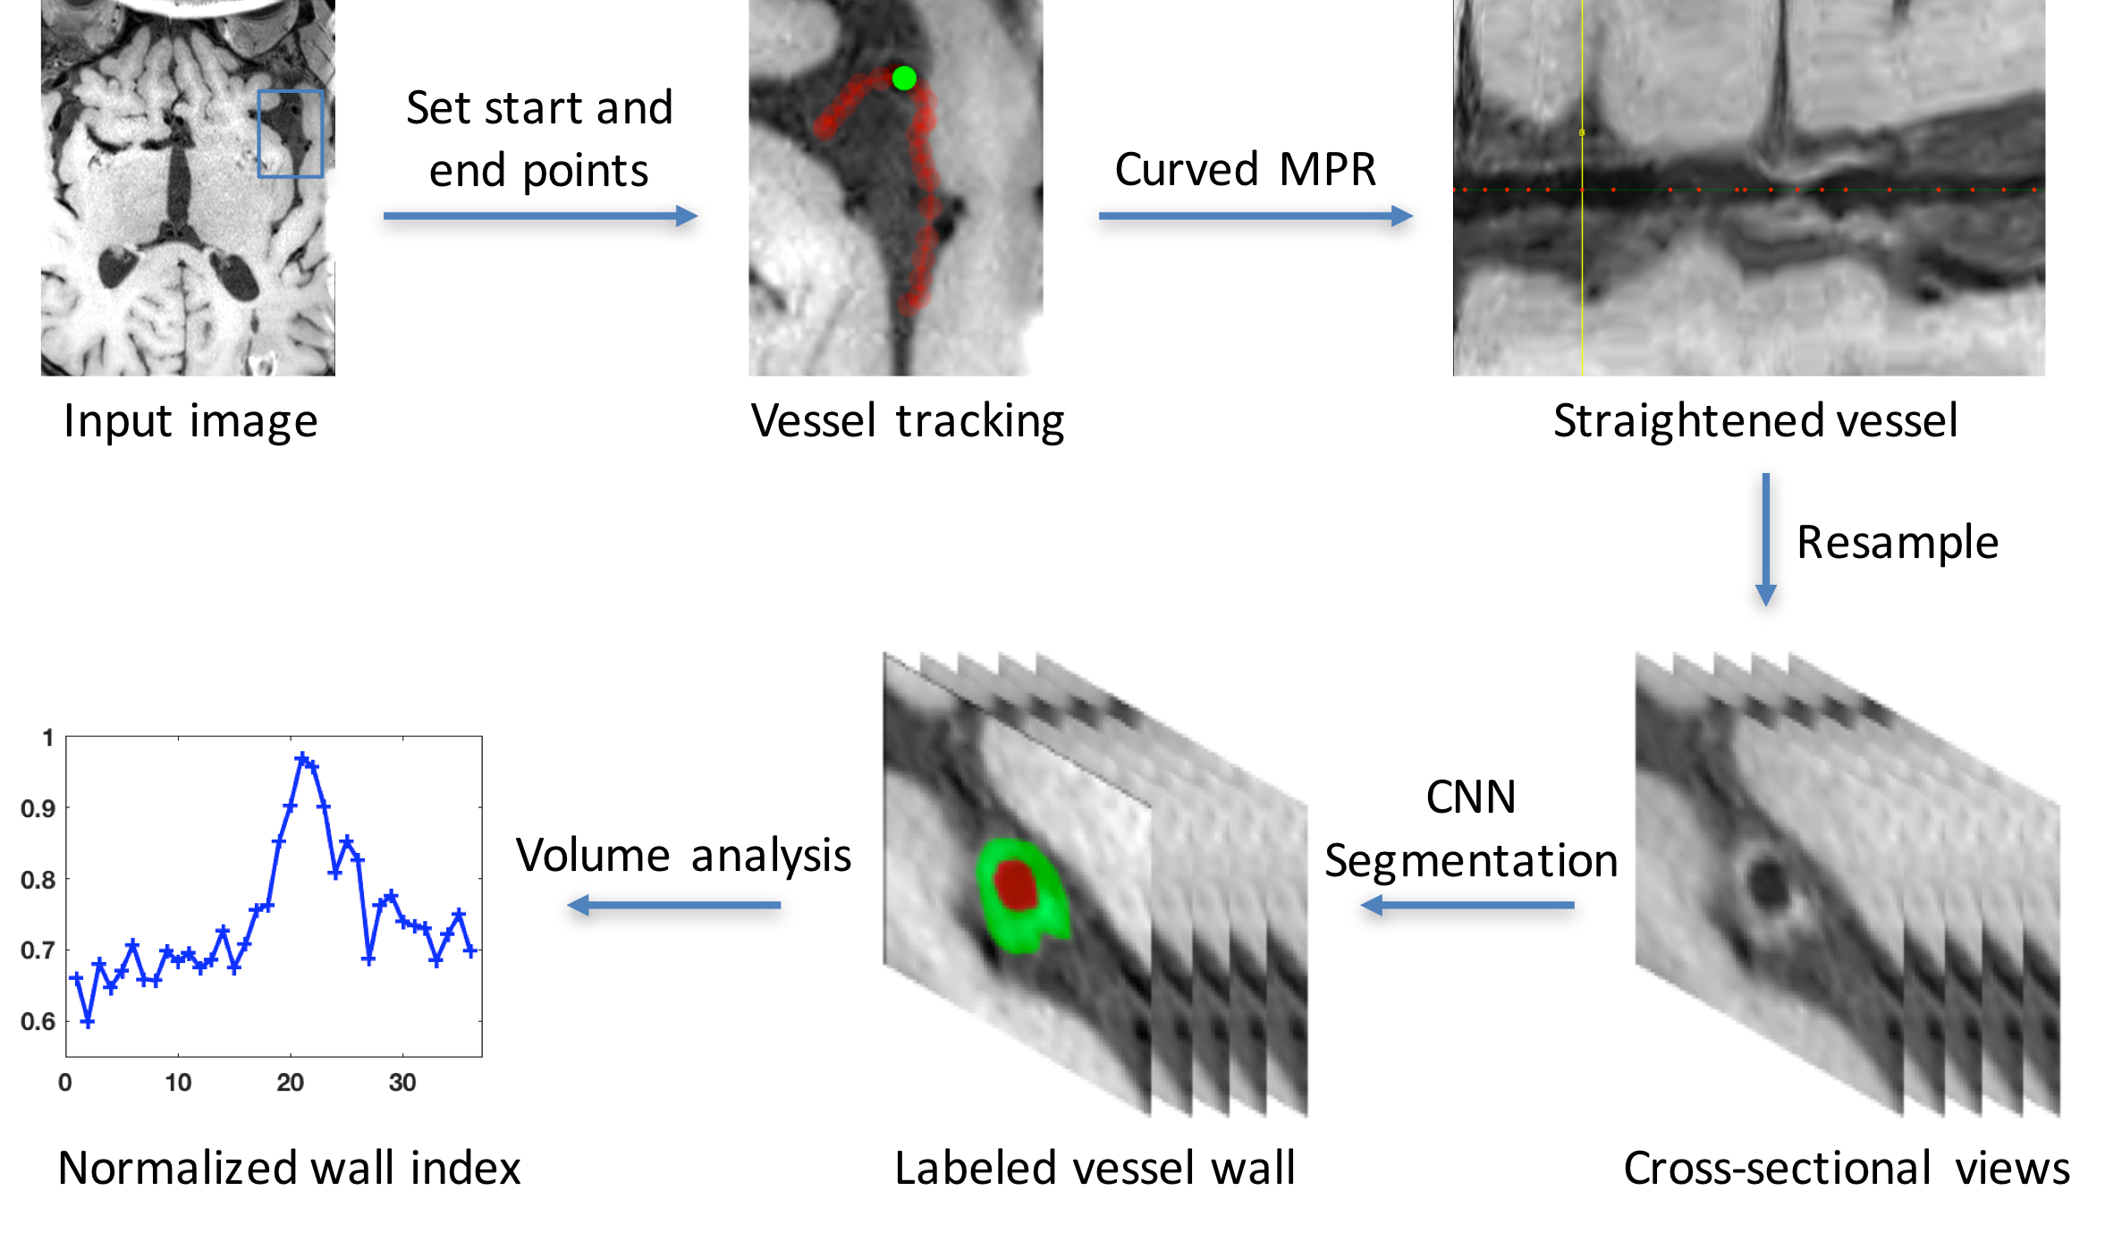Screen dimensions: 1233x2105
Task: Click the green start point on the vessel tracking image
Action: point(904,79)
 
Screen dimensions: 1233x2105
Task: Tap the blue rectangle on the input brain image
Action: point(290,133)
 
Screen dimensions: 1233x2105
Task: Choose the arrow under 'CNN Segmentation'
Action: point(1467,906)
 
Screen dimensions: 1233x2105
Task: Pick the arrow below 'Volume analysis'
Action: point(674,906)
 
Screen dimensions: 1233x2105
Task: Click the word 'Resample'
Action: point(1898,542)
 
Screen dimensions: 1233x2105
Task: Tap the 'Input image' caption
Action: point(190,421)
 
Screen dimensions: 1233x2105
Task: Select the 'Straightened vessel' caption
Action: point(1755,420)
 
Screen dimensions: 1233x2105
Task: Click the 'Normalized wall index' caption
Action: point(289,1168)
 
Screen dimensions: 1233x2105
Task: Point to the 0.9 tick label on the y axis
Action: point(38,808)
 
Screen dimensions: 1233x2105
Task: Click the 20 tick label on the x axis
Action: point(290,1083)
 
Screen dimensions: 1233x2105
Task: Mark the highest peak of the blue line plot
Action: point(302,757)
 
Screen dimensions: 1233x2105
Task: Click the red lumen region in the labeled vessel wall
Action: point(1016,884)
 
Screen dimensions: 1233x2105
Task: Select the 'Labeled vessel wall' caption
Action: point(1095,1168)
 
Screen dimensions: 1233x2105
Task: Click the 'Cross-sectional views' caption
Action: point(1847,1168)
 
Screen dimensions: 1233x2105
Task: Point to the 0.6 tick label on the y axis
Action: point(38,1021)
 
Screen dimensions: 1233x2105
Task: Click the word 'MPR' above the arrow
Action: point(1327,169)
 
